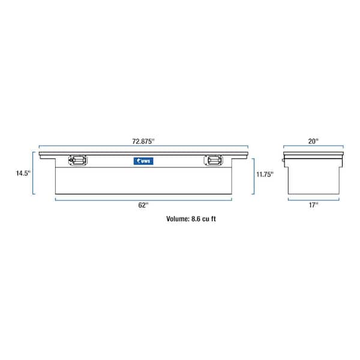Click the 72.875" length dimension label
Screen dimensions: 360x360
click(x=143, y=142)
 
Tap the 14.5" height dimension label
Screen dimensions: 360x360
click(x=23, y=173)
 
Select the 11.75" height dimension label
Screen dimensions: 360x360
click(x=265, y=175)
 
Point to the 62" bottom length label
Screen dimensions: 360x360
click(x=143, y=205)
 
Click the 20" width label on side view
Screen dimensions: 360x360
click(x=313, y=141)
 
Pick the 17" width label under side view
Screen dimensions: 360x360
click(x=313, y=205)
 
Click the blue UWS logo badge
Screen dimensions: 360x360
click(x=143, y=161)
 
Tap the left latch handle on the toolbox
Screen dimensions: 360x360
click(x=78, y=160)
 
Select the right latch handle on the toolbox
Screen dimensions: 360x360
click(x=213, y=160)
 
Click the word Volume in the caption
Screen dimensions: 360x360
click(x=178, y=219)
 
